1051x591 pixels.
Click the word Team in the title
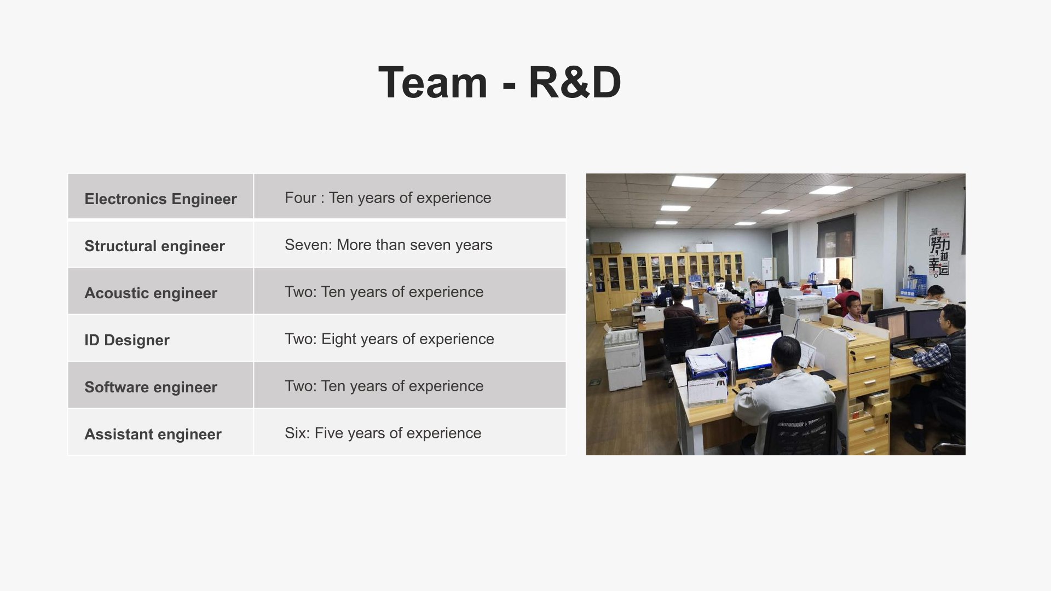point(432,83)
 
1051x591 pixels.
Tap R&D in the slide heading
point(575,83)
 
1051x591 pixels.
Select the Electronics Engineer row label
point(160,199)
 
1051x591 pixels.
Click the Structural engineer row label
point(154,246)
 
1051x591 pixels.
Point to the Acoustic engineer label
point(151,293)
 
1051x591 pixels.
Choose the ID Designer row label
point(127,340)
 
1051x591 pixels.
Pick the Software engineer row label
point(151,387)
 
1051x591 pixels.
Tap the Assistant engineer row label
point(153,434)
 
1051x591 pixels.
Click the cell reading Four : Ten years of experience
point(388,198)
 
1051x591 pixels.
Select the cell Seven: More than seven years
point(389,245)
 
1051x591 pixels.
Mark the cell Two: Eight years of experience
point(389,339)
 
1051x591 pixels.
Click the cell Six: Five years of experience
point(383,433)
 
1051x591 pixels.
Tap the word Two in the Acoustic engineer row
point(300,292)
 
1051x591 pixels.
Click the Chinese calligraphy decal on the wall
point(939,252)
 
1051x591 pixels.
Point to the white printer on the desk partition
point(805,308)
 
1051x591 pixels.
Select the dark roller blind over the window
point(836,236)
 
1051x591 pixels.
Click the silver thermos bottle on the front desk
point(731,372)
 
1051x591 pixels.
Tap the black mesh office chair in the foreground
point(801,431)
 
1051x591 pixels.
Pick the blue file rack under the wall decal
point(913,285)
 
